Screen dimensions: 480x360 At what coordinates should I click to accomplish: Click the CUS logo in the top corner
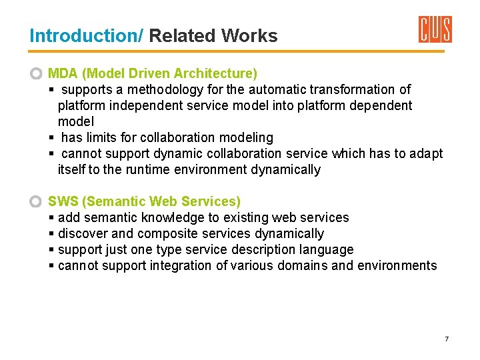[x=435, y=30]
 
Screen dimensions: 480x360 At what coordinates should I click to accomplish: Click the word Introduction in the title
[x=85, y=36]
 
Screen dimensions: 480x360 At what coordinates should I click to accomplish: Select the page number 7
[x=447, y=339]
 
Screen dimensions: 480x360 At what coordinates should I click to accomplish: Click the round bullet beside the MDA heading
[x=37, y=73]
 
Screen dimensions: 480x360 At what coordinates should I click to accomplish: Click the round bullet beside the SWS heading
[x=37, y=201]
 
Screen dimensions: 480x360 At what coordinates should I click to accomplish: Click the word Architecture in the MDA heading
[x=216, y=73]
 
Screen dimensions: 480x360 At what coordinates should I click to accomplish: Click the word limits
[x=101, y=137]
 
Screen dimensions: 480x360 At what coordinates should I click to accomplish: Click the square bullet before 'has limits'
[x=51, y=138]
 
